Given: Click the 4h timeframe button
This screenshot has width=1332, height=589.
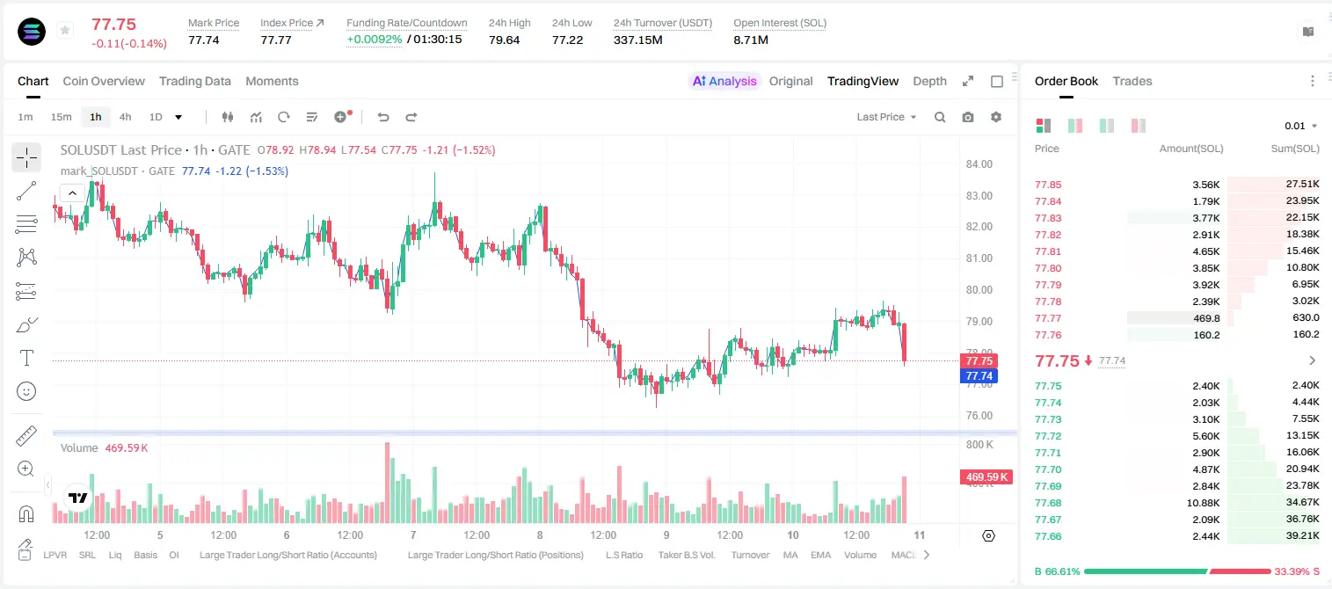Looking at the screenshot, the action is click(125, 117).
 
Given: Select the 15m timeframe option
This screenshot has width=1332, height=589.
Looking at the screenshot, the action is click(61, 117).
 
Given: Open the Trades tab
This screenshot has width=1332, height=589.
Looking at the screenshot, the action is click(1132, 81).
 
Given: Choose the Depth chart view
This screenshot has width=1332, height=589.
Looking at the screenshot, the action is click(929, 81).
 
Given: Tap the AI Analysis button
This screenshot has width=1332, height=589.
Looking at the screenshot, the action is click(724, 81).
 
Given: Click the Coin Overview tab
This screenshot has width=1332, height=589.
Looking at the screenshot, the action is click(104, 81).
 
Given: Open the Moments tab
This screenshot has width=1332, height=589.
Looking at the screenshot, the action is click(272, 81).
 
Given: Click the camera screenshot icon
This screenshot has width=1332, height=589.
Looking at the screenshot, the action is click(968, 117).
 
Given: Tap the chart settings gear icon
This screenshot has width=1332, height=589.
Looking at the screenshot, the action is click(996, 117).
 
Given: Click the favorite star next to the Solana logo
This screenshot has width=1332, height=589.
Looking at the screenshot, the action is click(65, 30).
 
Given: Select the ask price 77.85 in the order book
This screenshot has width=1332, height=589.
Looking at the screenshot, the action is click(1048, 185).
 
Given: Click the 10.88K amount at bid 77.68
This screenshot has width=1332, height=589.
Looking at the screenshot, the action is click(1203, 503).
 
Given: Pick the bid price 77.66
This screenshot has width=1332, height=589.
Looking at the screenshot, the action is click(1048, 536).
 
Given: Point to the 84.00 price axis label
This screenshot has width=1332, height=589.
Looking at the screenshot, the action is click(979, 164).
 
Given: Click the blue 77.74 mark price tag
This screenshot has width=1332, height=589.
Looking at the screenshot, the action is click(979, 375).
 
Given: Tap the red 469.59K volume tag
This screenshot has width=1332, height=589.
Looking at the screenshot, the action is click(986, 476).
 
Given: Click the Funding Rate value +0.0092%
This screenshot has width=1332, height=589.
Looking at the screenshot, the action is click(374, 40).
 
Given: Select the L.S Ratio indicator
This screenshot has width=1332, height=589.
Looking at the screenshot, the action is click(623, 555).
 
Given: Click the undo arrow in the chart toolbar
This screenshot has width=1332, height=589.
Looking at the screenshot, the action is click(383, 117).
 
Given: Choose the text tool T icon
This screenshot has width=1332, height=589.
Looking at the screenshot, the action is click(26, 358).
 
